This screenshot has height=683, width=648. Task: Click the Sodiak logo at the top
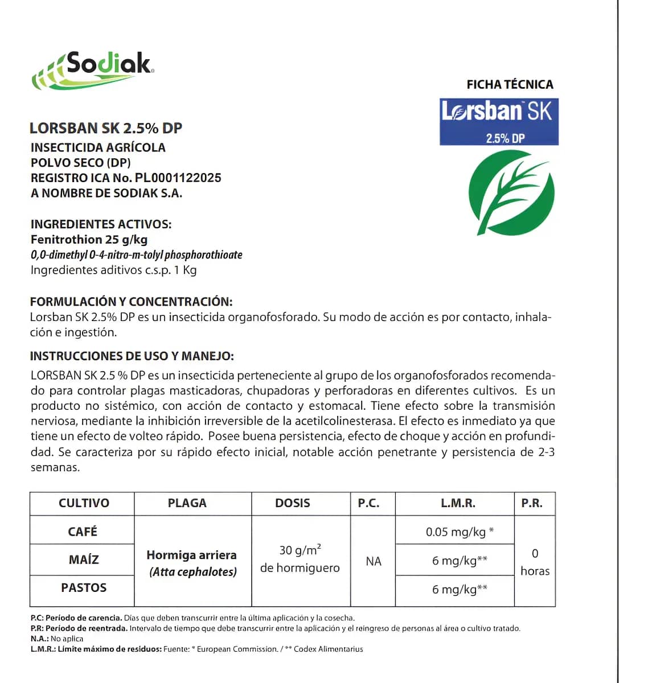point(93,70)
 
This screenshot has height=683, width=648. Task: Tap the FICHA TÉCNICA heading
point(510,85)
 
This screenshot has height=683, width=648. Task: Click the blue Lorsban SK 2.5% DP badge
point(499,121)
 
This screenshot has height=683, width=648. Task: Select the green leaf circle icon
point(511,192)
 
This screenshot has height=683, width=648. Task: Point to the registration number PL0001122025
point(178,178)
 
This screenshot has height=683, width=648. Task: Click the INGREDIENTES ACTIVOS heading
point(101,224)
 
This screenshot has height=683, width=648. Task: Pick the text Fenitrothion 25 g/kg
point(89,240)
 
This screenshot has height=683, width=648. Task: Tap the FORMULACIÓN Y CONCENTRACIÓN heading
point(131,302)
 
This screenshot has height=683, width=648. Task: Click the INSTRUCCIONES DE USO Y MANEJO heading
point(132,356)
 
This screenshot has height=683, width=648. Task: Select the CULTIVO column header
point(84,503)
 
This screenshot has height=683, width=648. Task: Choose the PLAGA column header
point(187,503)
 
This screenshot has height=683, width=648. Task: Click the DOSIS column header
point(293,503)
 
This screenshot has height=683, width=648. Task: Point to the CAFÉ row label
point(83,532)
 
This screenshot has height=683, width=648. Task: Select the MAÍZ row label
point(84,559)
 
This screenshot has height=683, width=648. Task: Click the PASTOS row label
point(84,588)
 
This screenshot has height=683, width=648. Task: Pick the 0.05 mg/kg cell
point(456,532)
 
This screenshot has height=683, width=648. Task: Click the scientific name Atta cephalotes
point(193,572)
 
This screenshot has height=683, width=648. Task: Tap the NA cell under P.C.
point(373,562)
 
